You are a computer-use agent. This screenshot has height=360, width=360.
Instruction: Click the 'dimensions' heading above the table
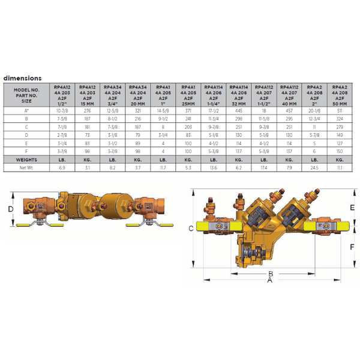coord(23,78)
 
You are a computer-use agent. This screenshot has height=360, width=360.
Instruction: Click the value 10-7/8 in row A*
coord(63,110)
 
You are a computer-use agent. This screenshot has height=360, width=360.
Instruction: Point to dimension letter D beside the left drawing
coord(10,209)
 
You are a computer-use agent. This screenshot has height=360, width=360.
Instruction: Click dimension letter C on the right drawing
coord(190,228)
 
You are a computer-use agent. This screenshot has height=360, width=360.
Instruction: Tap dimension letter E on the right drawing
coord(352,207)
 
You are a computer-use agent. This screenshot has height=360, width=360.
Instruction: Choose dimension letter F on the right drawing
coord(352,247)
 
